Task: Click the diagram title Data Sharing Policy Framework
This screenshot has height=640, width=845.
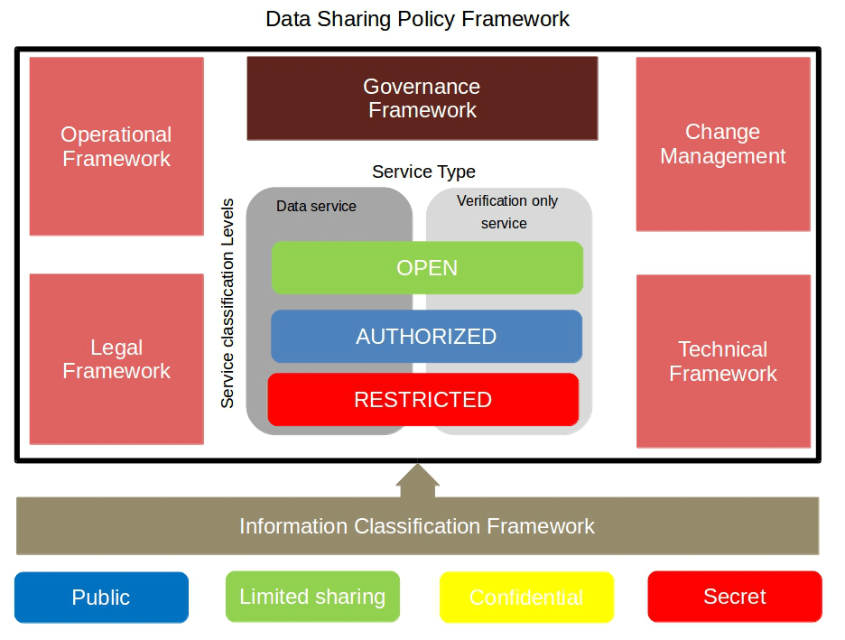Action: click(417, 19)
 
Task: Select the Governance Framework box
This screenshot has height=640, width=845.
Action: click(422, 98)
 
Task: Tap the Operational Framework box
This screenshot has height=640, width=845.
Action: click(116, 146)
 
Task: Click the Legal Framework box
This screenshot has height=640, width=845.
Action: click(116, 359)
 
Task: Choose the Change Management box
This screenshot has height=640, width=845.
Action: click(723, 144)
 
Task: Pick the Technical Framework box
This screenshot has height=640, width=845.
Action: click(723, 361)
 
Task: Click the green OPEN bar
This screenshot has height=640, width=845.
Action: click(427, 268)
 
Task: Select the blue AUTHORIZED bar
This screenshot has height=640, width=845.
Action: click(426, 337)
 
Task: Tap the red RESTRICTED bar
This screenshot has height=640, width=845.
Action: click(422, 400)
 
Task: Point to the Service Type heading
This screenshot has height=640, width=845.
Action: click(423, 172)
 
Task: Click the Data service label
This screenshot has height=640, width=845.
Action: click(316, 207)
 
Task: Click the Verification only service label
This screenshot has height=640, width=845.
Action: click(506, 212)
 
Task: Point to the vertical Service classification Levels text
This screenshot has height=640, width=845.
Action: click(227, 303)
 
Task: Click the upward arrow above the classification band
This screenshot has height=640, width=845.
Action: click(417, 481)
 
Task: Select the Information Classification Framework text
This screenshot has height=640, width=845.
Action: click(417, 526)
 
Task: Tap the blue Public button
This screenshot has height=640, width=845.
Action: click(101, 598)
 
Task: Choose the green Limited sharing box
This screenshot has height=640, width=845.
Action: click(312, 597)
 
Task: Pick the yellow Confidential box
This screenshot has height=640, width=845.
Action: click(526, 598)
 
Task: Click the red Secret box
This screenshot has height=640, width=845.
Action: click(735, 597)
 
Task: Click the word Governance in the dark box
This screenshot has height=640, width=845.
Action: click(422, 87)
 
